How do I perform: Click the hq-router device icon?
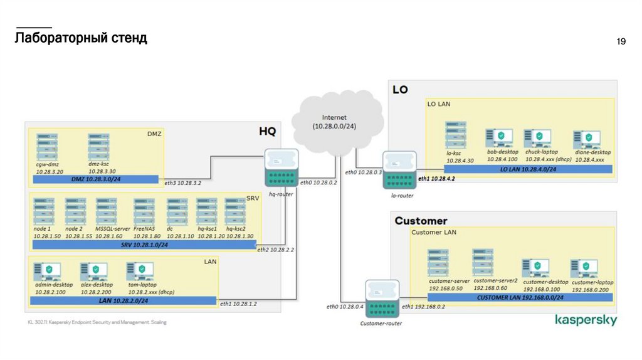[x=281, y=168]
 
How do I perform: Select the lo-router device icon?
[x=399, y=171]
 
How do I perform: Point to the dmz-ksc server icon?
[x=98, y=147]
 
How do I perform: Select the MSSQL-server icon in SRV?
[x=107, y=212]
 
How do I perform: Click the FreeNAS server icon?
[x=144, y=212]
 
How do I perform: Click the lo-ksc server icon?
[x=456, y=135]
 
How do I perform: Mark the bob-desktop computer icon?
[x=499, y=138]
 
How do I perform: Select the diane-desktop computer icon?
[x=587, y=139]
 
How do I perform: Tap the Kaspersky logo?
[x=586, y=320]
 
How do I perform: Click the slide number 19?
[x=621, y=42]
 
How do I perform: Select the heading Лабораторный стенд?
[x=81, y=38]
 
